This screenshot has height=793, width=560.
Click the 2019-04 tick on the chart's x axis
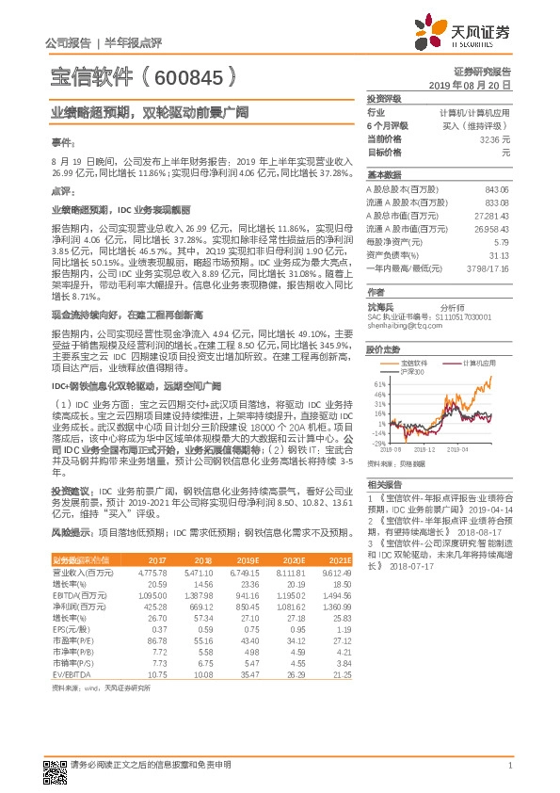tap(484, 451)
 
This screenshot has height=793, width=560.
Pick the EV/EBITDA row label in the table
tap(71, 675)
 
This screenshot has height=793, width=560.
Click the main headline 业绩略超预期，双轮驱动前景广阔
tap(150, 111)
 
